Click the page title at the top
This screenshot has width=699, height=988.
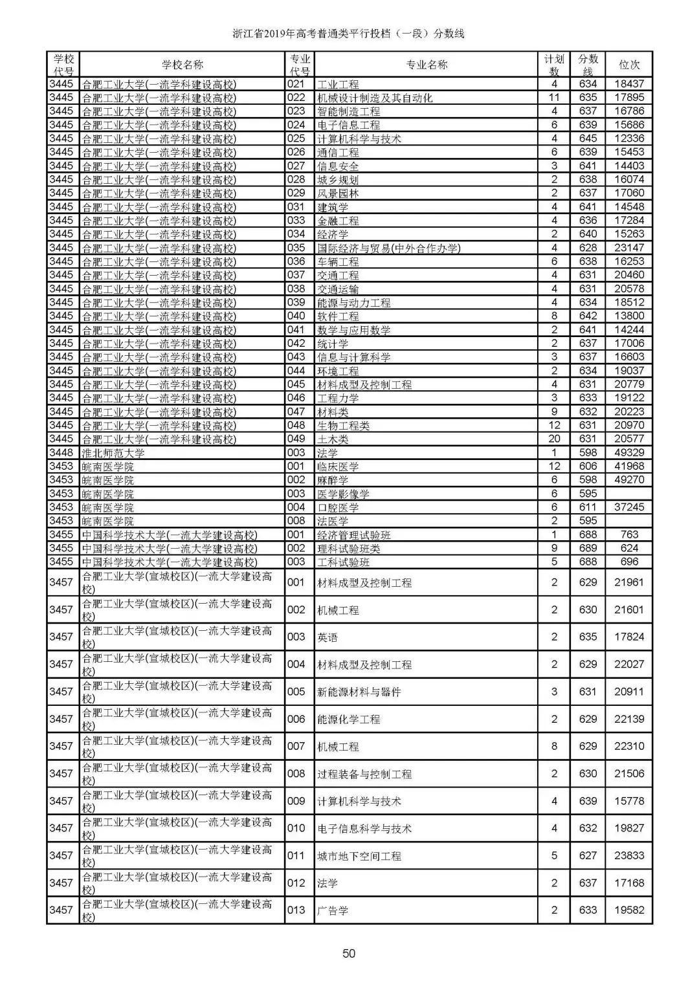pyautogui.click(x=349, y=34)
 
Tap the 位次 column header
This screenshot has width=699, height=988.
pyautogui.click(x=628, y=65)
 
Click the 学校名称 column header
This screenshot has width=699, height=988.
pyautogui.click(x=182, y=65)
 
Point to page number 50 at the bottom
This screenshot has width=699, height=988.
pyautogui.click(x=349, y=953)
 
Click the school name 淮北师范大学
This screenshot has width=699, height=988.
pyautogui.click(x=113, y=453)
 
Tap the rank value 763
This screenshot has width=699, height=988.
pyautogui.click(x=628, y=534)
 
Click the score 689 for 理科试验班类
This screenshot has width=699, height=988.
pyautogui.click(x=588, y=548)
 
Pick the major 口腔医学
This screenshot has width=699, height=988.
pyautogui.click(x=337, y=508)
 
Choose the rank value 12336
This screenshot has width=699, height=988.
pyautogui.click(x=628, y=138)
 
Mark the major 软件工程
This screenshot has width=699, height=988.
pyautogui.click(x=337, y=316)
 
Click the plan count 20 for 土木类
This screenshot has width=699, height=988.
pyautogui.click(x=554, y=439)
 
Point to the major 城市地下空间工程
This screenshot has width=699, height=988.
pyautogui.click(x=359, y=856)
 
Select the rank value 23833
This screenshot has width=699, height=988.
pyautogui.click(x=628, y=855)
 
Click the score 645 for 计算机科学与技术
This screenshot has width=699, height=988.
pyautogui.click(x=588, y=138)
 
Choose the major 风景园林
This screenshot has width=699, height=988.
pyautogui.click(x=337, y=193)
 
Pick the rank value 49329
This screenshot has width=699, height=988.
pyautogui.click(x=628, y=453)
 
